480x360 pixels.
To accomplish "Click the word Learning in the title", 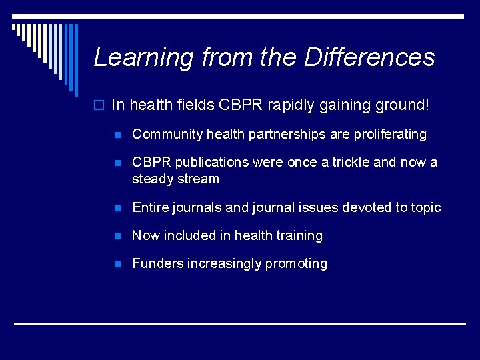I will click(x=136, y=58).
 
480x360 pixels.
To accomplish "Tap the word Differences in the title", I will click(x=370, y=57).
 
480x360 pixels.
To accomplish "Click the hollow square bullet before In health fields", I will click(x=100, y=105).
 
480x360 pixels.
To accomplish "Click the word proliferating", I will click(x=388, y=135).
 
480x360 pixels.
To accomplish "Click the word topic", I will click(x=426, y=208).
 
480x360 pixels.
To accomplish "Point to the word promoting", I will click(x=296, y=264).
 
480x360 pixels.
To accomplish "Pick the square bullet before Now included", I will click(x=118, y=236).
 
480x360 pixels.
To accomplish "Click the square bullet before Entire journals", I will click(x=118, y=208).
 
